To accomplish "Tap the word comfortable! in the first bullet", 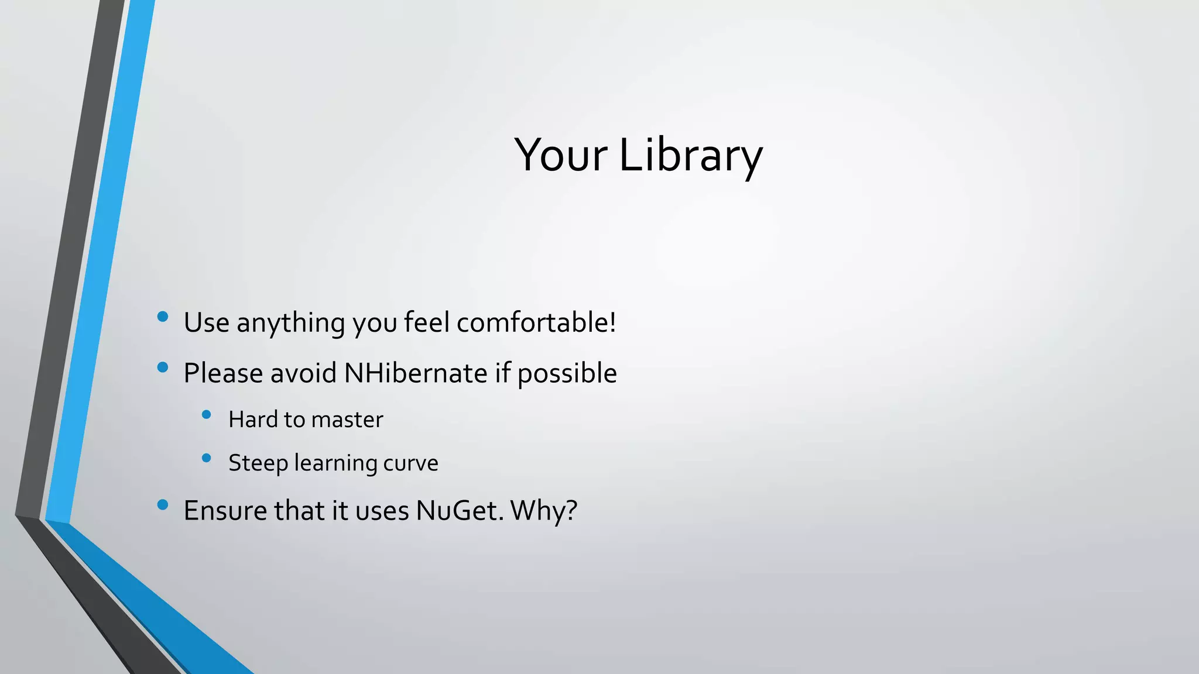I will [x=536, y=322].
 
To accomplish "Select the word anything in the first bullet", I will [x=290, y=324].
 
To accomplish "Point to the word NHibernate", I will [x=416, y=373].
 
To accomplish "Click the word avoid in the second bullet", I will [x=303, y=373].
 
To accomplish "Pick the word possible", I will [x=567, y=374].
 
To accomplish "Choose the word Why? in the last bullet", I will [x=544, y=511].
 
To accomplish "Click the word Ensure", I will [x=225, y=510].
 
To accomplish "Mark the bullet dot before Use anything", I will [x=163, y=317].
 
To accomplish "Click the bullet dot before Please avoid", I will [x=163, y=367].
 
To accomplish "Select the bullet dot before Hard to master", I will [x=206, y=415].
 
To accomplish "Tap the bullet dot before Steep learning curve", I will [x=206, y=459].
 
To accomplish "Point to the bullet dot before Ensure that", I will [x=163, y=504].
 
